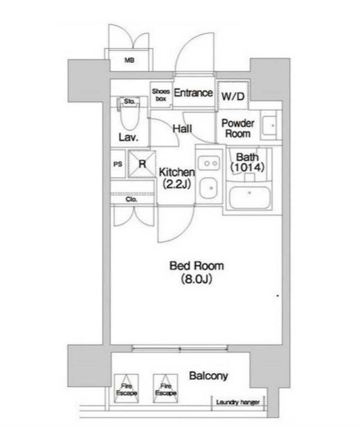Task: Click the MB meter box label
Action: [130, 60]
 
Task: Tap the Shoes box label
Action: [161, 95]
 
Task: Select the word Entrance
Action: [193, 93]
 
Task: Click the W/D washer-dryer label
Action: [233, 96]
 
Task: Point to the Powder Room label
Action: [237, 128]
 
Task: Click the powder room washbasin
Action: [270, 125]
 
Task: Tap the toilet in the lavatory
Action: [130, 114]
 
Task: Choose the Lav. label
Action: [128, 137]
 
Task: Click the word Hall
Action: [182, 128]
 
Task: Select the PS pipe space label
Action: [118, 165]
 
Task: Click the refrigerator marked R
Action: [142, 164]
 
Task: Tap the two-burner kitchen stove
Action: [208, 163]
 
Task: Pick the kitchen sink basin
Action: [208, 188]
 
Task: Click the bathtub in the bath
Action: [249, 198]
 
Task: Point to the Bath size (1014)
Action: [247, 167]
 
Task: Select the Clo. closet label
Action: [131, 199]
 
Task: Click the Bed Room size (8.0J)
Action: [196, 279]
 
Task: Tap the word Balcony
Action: [208, 376]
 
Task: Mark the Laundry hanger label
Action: [238, 402]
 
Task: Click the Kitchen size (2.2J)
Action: [177, 184]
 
